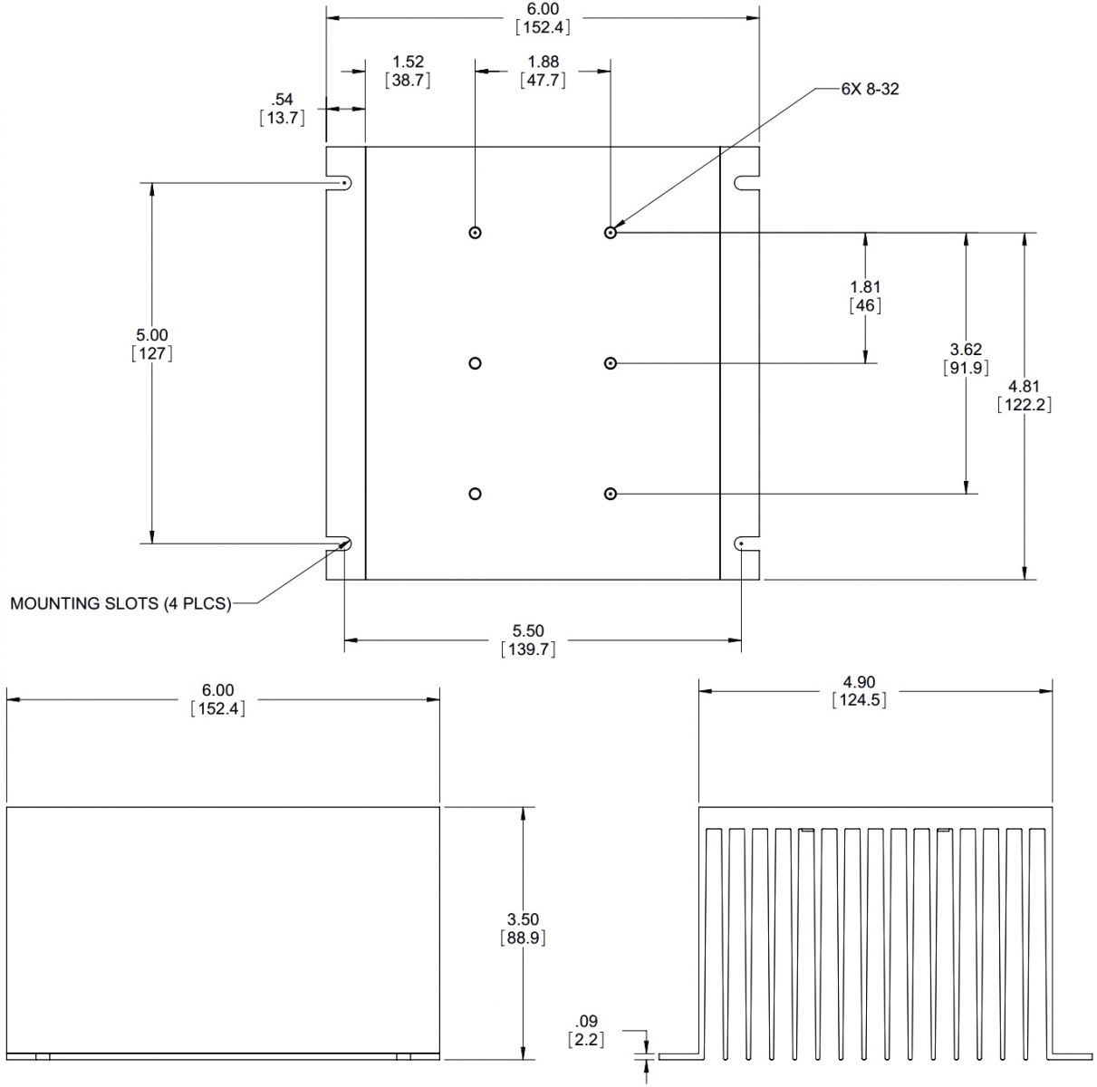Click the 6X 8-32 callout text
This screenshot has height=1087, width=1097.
870,90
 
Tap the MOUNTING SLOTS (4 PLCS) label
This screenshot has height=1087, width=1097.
120,603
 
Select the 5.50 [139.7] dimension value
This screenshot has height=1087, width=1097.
528,640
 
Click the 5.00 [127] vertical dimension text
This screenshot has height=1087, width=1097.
152,344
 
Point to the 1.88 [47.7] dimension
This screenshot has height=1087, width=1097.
544,71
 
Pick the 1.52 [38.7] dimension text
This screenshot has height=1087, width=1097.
408,71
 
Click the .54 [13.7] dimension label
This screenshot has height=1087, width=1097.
282,109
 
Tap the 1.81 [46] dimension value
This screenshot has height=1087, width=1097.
866,296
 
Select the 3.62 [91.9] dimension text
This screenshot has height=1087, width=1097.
966,358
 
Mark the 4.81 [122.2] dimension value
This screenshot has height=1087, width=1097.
1024,396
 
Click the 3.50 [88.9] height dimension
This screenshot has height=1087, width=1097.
522,928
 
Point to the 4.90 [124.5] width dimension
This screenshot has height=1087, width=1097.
859,690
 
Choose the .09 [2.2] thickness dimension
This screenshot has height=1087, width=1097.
586,1029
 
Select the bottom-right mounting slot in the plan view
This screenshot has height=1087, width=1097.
743,543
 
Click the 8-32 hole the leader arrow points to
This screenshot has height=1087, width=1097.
611,233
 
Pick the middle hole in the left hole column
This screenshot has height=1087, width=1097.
476,363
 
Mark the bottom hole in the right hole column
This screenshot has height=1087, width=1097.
611,494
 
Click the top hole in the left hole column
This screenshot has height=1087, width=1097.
476,233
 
